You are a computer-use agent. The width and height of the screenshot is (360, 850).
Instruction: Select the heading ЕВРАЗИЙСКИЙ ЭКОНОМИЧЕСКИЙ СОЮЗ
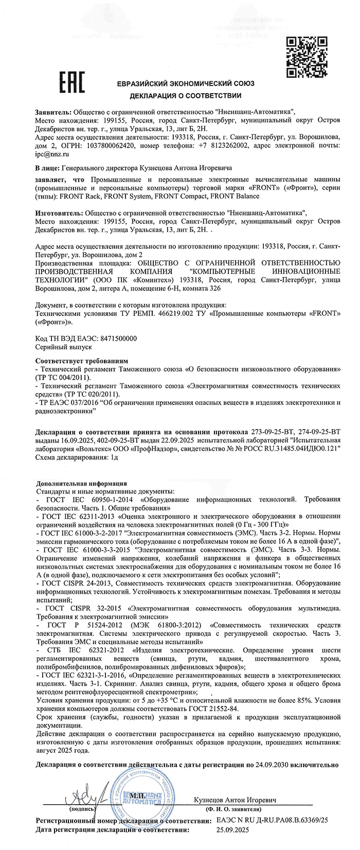click(185, 84)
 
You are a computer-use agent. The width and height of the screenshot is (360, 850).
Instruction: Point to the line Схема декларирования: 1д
click(77, 458)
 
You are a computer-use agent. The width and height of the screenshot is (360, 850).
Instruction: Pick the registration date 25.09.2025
click(234, 829)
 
